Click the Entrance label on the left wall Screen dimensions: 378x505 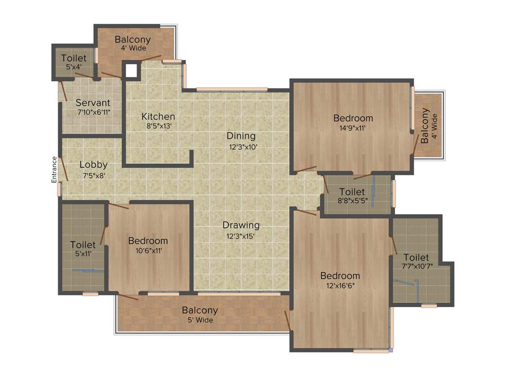click(x=54, y=170)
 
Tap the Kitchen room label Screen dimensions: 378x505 click(x=158, y=117)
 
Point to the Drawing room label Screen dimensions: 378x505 click(x=241, y=225)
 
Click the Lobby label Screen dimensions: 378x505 click(x=93, y=165)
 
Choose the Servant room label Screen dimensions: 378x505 click(x=93, y=103)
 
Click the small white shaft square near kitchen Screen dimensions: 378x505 click(x=131, y=70)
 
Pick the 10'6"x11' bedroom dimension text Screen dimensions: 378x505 click(x=148, y=251)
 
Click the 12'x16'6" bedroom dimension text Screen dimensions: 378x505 click(x=340, y=285)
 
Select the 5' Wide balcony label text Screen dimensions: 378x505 click(x=200, y=320)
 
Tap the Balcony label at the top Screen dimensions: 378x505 click(x=133, y=39)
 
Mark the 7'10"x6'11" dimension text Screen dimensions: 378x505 click(x=93, y=112)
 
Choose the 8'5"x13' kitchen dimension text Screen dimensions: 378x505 click(x=158, y=126)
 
